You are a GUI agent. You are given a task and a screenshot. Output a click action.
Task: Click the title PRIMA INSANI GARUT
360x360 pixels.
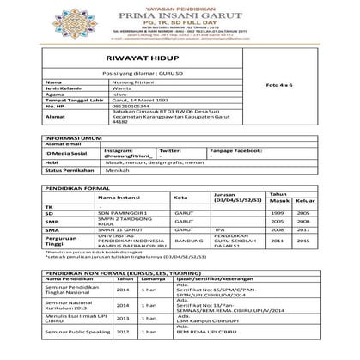[180, 13]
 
